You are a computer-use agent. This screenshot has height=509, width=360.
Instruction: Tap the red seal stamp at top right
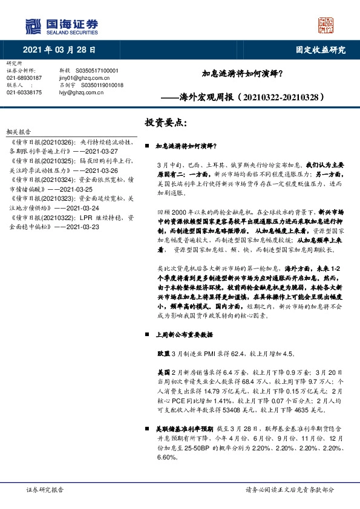[326, 25]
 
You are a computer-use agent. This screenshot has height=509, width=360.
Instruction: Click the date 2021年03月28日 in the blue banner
[59, 50]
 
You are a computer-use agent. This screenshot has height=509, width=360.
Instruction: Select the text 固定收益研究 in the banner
[320, 50]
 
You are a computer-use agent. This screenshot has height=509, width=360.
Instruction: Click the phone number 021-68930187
[24, 78]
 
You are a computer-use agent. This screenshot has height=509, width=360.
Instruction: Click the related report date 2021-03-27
[93, 150]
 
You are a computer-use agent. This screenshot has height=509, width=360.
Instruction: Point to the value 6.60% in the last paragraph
[165, 457]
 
